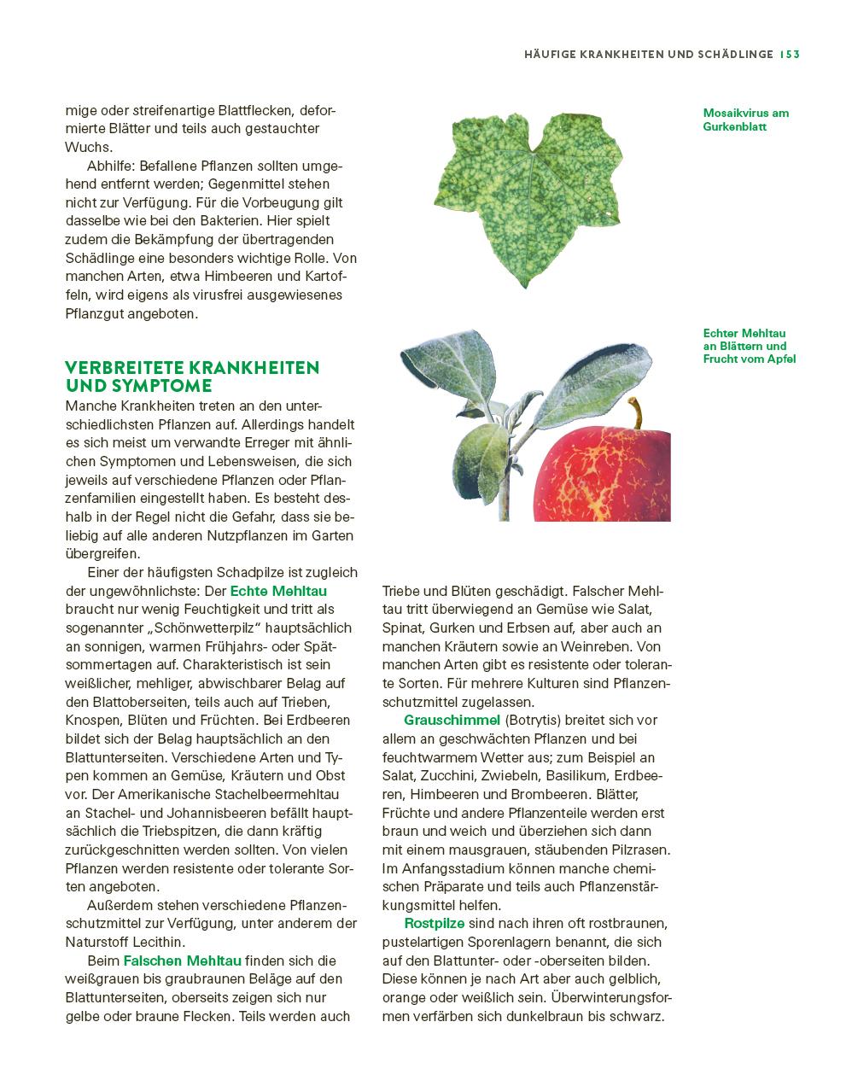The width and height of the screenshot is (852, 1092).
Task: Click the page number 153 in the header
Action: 789,55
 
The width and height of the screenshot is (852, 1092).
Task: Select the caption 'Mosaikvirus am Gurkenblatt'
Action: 745,120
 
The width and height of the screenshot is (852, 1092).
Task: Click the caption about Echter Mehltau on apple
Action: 749,346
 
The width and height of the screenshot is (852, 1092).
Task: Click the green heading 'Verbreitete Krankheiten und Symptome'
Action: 192,376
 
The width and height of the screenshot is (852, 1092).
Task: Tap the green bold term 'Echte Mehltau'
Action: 278,591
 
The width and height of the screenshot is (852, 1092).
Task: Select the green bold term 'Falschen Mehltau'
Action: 182,961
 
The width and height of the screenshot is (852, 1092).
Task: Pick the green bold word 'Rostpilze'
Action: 434,924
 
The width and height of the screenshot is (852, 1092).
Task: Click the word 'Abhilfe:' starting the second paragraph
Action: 111,166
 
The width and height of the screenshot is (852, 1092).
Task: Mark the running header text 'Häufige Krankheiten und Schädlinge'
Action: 648,55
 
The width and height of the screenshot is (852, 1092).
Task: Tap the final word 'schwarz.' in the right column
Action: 638,1016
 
